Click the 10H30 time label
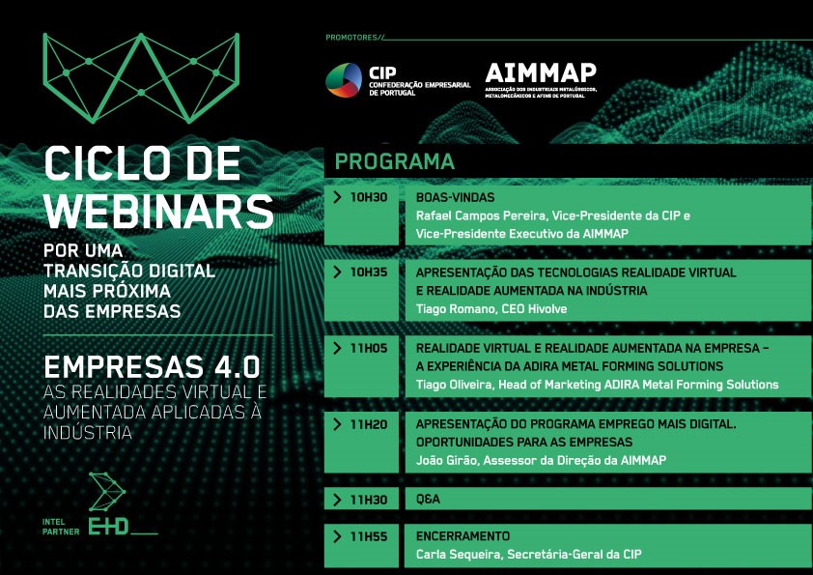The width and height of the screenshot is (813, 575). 369,197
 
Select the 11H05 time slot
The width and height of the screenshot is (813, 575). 369,348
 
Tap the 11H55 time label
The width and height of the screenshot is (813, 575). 369,536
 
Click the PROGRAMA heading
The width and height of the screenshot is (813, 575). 395,161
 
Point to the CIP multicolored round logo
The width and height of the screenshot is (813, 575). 343,80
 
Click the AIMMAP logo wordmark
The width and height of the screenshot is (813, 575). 541,73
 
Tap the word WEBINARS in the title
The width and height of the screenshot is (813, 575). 158,212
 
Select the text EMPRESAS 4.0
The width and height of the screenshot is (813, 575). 152,367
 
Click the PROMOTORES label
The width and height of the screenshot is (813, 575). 351,38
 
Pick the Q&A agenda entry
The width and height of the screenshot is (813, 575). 428,499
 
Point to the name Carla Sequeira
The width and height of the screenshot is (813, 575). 459,555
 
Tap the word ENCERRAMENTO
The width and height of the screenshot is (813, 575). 463,536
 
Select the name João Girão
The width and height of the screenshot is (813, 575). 446,460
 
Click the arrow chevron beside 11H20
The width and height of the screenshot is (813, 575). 338,424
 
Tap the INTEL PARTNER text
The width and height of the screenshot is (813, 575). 61,527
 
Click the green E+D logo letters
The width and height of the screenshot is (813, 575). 108,527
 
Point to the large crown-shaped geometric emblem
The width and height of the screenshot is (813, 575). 141,78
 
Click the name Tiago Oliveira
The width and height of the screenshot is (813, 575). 454,385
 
